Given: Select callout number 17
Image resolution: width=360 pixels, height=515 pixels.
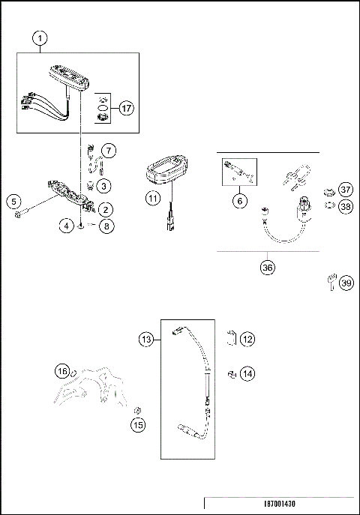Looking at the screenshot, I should point(126,108).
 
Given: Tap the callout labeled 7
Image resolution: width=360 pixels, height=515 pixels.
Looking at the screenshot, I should point(109,151).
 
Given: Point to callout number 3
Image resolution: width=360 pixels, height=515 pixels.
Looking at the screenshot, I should point(105,185).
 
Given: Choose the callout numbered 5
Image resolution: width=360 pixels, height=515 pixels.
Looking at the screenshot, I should point(13,201).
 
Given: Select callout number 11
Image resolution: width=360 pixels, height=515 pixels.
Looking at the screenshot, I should point(153,199).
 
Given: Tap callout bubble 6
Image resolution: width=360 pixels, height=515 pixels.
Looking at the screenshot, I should point(240,201).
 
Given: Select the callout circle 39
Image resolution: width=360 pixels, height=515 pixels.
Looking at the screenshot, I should point(345,283).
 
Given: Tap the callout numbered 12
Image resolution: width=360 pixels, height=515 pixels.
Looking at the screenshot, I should point(247,339).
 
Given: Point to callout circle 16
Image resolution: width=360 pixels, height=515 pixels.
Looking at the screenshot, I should point(63,370).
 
